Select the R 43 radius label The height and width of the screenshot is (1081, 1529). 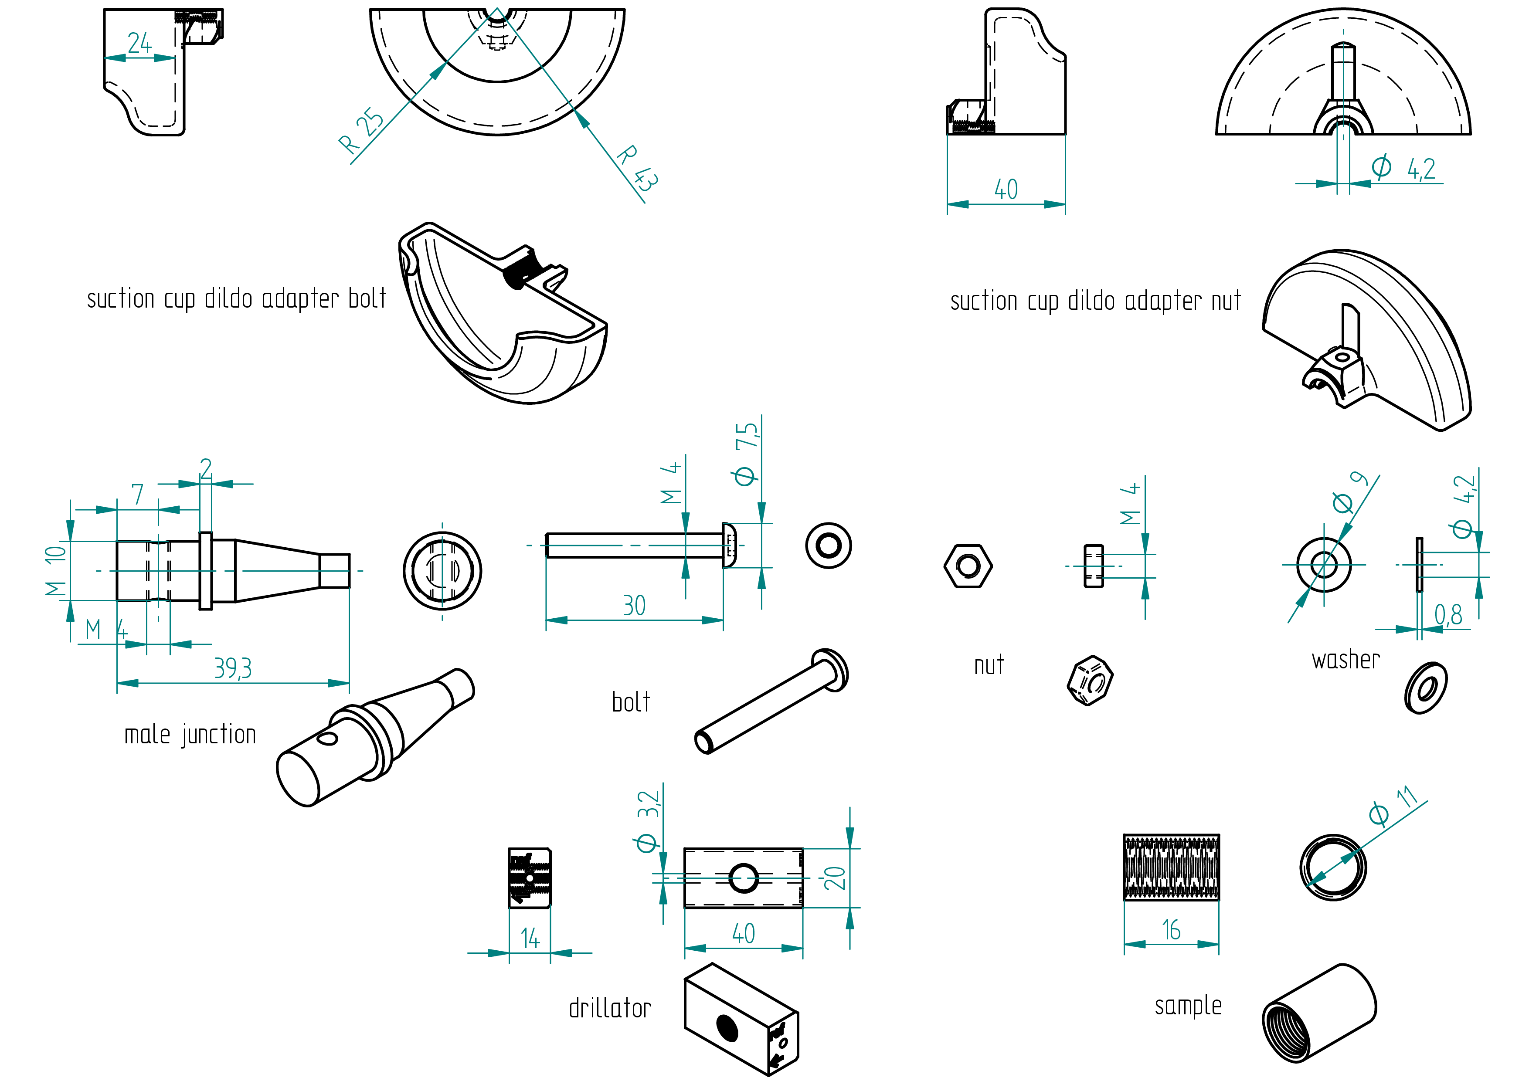tap(637, 168)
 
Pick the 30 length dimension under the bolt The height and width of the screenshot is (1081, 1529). tap(634, 606)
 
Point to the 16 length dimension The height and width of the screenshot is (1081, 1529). tap(1172, 930)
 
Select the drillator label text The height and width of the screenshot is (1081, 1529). tap(610, 1008)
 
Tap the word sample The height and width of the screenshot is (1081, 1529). tap(1188, 1006)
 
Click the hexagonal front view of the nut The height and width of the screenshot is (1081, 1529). tap(968, 566)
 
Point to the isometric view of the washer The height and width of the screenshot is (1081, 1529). tap(1426, 688)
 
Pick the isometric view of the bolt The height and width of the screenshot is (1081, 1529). tap(771, 701)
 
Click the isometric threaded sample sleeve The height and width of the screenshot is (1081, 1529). tap(1318, 1013)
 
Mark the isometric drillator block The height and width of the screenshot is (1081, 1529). tap(741, 1018)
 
